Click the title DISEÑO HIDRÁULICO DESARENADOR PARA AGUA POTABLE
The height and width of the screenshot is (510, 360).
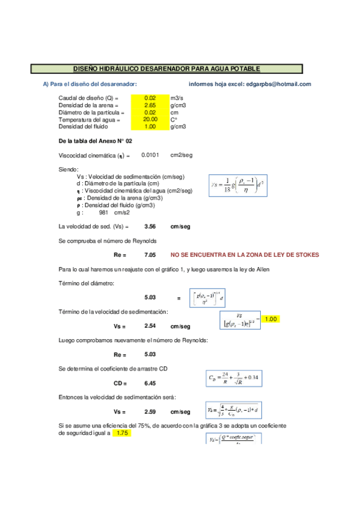click(x=166, y=69)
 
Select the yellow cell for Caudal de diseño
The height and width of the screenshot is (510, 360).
click(x=150, y=98)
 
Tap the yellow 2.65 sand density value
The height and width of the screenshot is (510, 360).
click(x=150, y=105)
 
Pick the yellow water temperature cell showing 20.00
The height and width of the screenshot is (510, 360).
click(x=150, y=119)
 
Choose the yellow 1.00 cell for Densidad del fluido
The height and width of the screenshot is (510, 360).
click(x=150, y=126)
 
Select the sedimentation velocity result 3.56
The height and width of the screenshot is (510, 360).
click(x=150, y=227)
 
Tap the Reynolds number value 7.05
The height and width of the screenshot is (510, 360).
click(x=150, y=255)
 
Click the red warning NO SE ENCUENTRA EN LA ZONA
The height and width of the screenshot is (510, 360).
click(x=245, y=255)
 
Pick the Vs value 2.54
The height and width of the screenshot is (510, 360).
click(x=150, y=326)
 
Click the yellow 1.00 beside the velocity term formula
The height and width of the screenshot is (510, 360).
click(x=270, y=319)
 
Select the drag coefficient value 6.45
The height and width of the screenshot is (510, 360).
click(x=150, y=382)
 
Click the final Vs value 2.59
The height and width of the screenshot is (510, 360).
click(x=150, y=412)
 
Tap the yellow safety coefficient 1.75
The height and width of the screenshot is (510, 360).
click(x=123, y=433)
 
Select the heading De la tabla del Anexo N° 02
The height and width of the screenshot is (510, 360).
click(x=87, y=141)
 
